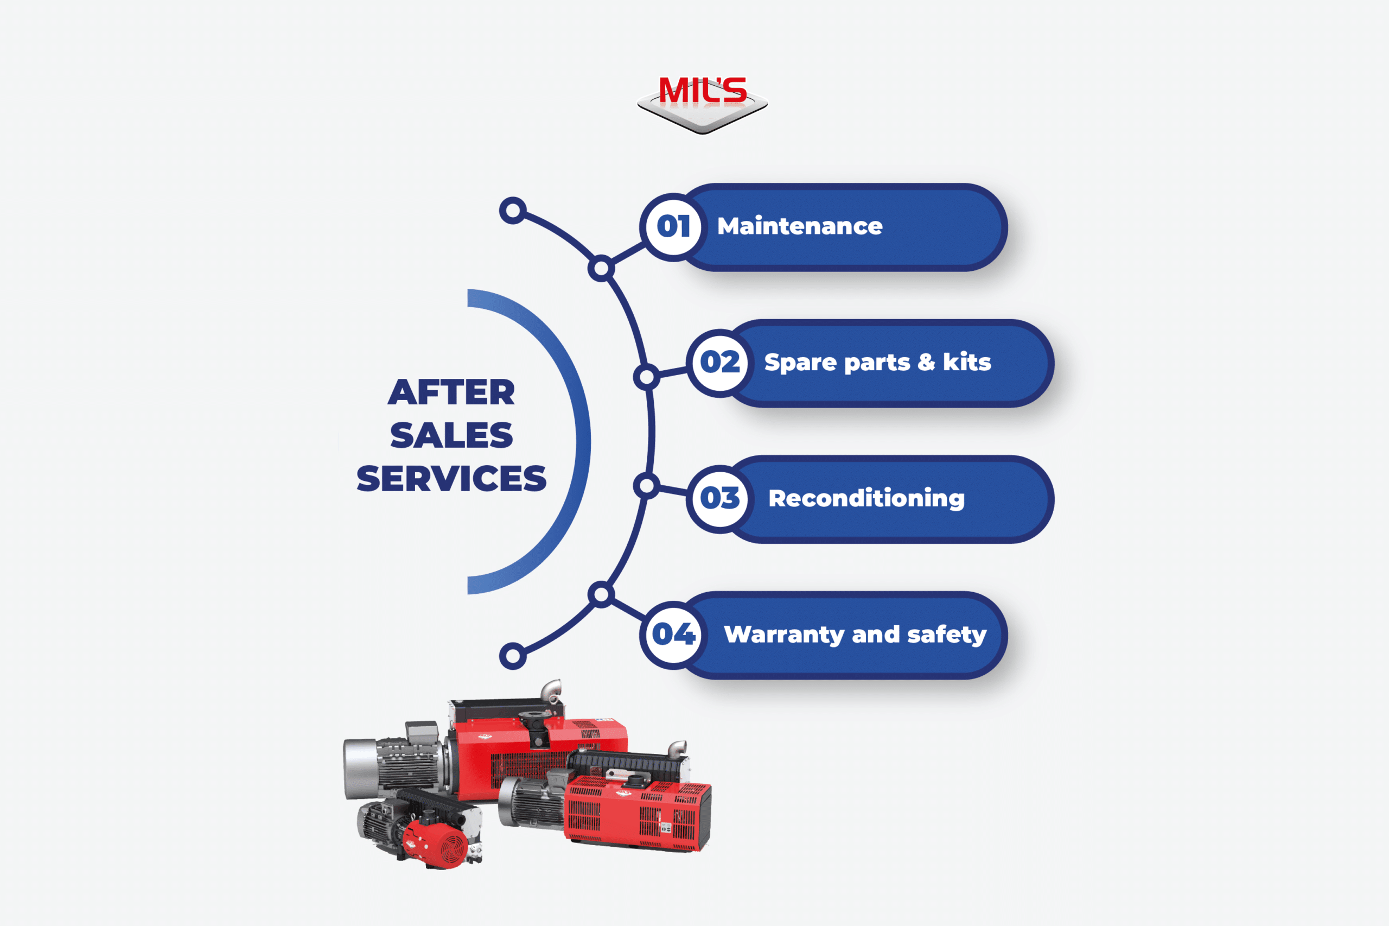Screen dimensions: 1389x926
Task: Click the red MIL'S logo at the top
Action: pos(703,104)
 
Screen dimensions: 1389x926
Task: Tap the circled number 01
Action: pos(673,227)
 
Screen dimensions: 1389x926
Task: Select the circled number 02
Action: pos(719,363)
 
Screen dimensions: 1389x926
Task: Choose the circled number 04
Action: pos(673,635)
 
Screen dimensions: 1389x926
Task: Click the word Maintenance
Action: pos(800,226)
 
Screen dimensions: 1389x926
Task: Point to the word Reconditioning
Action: pos(866,499)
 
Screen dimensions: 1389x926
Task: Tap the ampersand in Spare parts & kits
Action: pos(926,362)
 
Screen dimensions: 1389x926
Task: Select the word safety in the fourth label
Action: pos(947,635)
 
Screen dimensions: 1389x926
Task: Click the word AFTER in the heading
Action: pos(451,392)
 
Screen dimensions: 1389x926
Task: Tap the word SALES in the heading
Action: pos(451,435)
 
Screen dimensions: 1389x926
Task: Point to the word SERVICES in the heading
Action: pos(451,478)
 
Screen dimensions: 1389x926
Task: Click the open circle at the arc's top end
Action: pos(512,211)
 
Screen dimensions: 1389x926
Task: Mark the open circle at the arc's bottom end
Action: pos(512,656)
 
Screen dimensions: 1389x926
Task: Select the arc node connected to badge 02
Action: pos(646,377)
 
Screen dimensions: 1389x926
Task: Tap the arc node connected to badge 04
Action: pos(601,594)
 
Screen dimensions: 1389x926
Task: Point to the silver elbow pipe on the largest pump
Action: pos(551,690)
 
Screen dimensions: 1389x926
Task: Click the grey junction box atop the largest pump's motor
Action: pos(421,732)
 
